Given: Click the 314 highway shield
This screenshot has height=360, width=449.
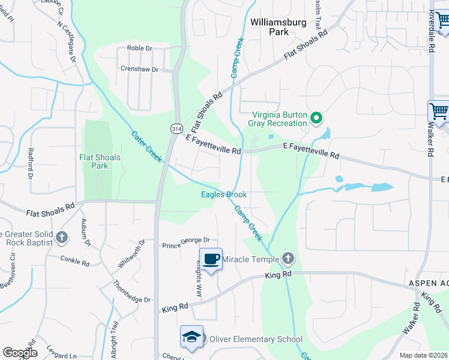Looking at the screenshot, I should pos(176,129).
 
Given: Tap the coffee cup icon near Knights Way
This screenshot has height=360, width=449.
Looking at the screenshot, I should pos(211,259).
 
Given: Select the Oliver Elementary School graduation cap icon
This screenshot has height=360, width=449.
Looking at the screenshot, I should pos(192,337).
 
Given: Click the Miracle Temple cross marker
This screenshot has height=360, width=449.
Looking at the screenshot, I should pos(288,259).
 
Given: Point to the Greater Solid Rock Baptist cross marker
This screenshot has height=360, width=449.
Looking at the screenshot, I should pos(61,238).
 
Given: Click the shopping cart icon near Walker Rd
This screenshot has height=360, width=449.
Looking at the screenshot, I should pos(438,112).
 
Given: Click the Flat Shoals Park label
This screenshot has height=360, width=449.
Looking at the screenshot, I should pos(100,161).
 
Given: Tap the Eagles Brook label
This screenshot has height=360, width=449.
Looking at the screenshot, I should pos(223,194).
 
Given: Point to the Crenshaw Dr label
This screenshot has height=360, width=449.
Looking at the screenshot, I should pos(139,70).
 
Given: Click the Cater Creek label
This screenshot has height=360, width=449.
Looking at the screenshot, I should pos(146,146).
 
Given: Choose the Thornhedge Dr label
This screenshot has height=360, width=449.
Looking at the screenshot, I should pos(133,299).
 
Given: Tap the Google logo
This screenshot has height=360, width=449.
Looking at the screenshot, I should pos(20,353).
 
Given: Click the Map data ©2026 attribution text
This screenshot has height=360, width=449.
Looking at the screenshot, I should pos(423,355).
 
